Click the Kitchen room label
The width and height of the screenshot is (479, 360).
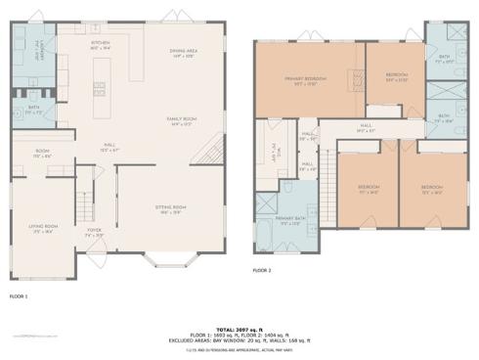tap(101, 45)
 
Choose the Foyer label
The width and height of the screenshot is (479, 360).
tap(94, 235)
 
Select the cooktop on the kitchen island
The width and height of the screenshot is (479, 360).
tap(99, 87)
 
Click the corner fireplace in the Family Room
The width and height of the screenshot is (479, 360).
tap(209, 152)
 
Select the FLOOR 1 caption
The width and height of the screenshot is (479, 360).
tap(19, 294)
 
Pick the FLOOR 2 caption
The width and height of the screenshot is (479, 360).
tap(262, 270)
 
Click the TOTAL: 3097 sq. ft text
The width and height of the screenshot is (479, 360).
tap(239, 329)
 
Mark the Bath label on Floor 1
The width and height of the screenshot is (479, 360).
tap(33, 110)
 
